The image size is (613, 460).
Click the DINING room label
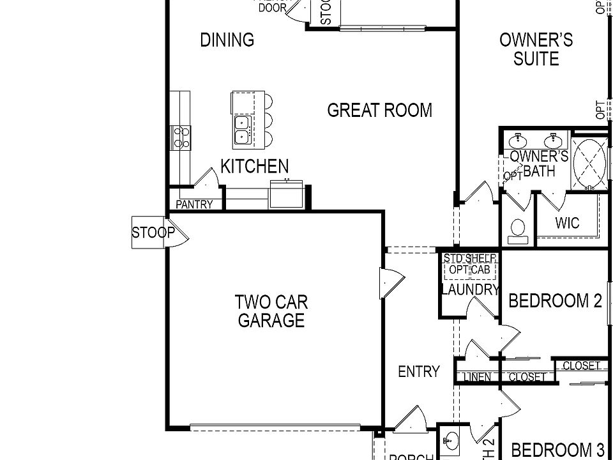tap(227, 40)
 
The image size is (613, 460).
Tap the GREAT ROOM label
tap(379, 111)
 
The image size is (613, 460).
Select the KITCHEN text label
tap(254, 167)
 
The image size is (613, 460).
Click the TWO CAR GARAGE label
tap(271, 310)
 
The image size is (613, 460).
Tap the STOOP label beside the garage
tap(153, 233)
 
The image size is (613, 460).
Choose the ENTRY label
tap(418, 371)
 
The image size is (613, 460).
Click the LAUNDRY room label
tap(470, 290)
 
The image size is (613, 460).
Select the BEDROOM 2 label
tap(555, 300)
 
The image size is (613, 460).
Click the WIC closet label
tap(567, 223)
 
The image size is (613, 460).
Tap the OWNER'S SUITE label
tap(536, 49)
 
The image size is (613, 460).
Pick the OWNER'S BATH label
tap(538, 164)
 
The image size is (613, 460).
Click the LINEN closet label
tap(478, 377)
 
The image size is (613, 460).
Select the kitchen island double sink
tap(242, 128)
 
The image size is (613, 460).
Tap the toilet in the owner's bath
tap(518, 231)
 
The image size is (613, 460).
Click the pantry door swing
tap(205, 178)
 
